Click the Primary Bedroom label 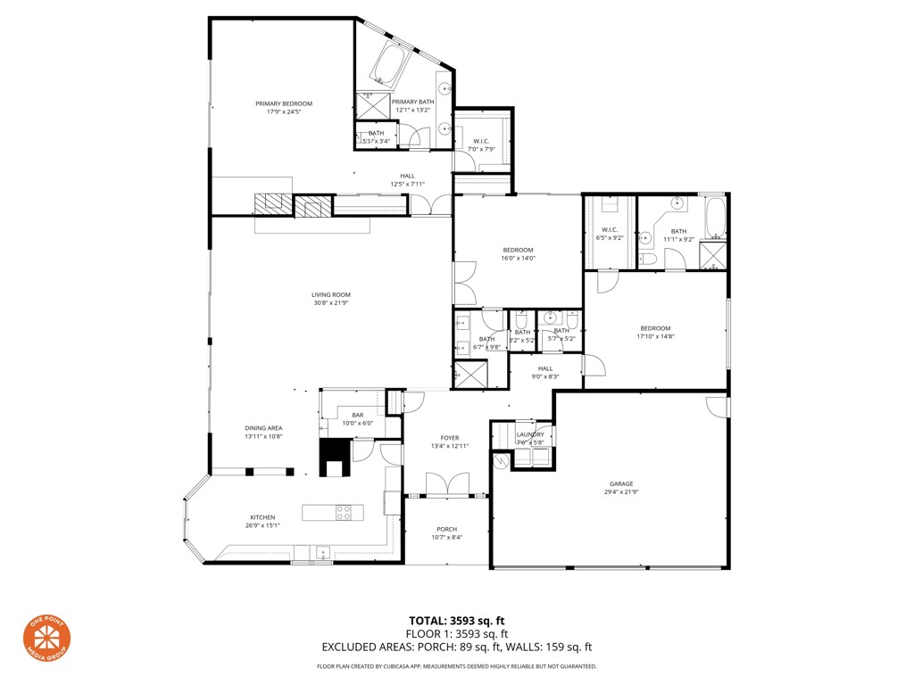(284, 103)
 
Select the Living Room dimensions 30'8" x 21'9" (330, 303)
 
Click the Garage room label (621, 483)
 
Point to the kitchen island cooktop (344, 512)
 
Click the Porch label (446, 529)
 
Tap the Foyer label (449, 438)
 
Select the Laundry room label (530, 434)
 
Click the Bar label (357, 415)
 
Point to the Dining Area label (263, 428)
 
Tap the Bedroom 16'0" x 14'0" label (518, 250)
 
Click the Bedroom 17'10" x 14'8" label (654, 328)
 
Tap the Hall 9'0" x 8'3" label (545, 368)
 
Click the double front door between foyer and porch (446, 486)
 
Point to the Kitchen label (262, 517)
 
